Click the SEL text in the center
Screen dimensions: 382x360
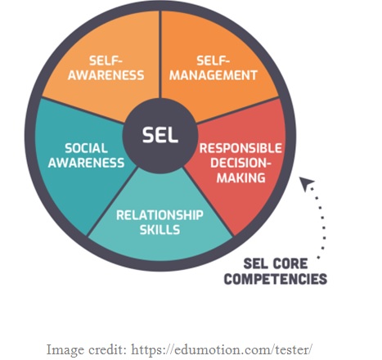(160, 135)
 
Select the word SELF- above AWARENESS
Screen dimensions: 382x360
(106, 61)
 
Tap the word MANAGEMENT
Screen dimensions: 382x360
(213, 75)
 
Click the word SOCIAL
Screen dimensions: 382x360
(86, 148)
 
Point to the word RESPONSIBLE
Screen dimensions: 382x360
(240, 148)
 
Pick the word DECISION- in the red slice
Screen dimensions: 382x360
(240, 163)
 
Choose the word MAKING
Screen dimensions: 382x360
(241, 178)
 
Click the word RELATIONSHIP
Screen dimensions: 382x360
(160, 215)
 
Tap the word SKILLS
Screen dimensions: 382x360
(160, 230)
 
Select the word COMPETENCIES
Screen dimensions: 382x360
(276, 279)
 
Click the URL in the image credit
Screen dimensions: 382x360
(222, 349)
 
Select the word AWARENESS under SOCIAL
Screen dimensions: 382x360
(86, 163)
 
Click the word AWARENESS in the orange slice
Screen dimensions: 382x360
(106, 75)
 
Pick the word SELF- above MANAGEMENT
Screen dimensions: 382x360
(213, 61)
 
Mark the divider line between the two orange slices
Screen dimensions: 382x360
(160, 55)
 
